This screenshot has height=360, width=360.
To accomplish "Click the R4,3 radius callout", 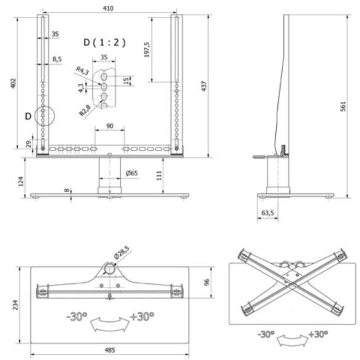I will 82,71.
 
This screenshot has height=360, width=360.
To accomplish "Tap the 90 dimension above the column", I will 109,125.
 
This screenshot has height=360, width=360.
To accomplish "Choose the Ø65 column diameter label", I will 131,173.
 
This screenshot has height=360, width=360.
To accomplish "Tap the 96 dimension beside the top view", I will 208,281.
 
